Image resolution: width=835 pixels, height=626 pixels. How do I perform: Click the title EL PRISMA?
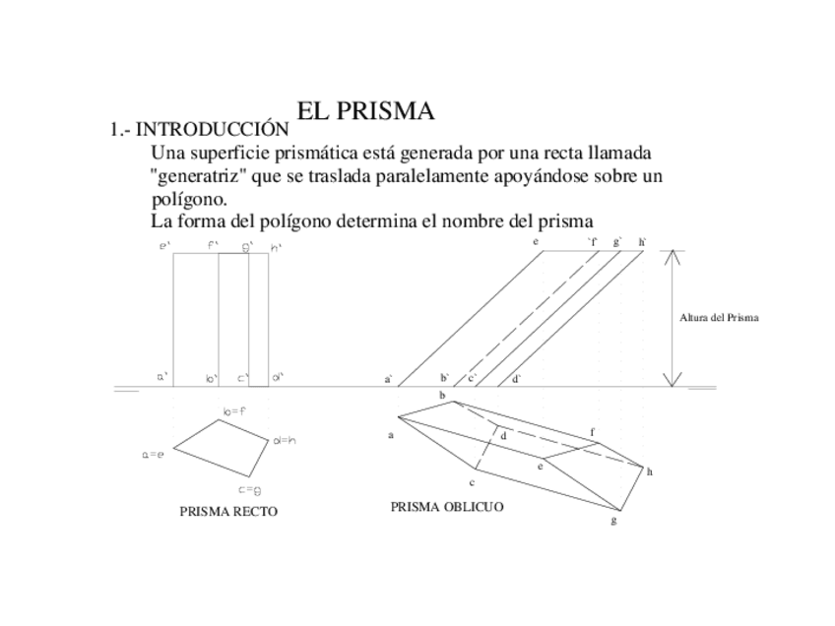click(365, 111)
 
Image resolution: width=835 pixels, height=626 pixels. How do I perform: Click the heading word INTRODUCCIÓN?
click(212, 130)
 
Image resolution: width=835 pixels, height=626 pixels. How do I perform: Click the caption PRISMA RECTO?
click(228, 512)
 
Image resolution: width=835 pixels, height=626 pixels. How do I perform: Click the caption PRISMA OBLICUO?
click(447, 507)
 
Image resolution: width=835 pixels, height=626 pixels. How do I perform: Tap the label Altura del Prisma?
click(719, 318)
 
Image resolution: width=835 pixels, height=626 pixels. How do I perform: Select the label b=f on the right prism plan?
click(233, 410)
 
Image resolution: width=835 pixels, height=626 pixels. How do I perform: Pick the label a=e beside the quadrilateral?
click(152, 455)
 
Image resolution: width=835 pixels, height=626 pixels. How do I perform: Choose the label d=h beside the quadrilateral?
click(285, 440)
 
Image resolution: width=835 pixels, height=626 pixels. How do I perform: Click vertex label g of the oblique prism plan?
click(613, 520)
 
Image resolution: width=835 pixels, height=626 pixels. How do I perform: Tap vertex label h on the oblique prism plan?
click(650, 472)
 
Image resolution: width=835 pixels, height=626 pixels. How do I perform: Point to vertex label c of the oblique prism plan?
click(472, 482)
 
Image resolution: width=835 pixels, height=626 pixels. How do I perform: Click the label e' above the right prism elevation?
click(163, 246)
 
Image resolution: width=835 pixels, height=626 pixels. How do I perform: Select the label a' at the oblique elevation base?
click(389, 378)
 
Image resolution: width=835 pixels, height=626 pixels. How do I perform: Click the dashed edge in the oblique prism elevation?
click(527, 315)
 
